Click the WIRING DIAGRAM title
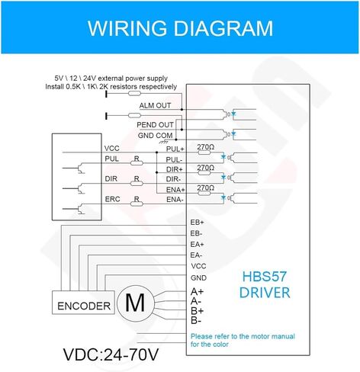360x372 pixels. coord(180,28)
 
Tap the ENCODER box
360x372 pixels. coord(83,303)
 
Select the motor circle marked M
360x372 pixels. coord(135,303)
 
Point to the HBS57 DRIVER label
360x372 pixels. coord(265,284)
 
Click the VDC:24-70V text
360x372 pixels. coord(111,354)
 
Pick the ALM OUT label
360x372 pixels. coord(155,105)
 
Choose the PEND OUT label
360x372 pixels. coord(155,125)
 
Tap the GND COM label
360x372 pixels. coord(155,136)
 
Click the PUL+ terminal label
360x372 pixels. coord(175,149)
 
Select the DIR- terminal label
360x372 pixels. coord(173,179)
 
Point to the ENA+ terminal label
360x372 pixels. coord(175,190)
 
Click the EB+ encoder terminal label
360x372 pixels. coord(197,223)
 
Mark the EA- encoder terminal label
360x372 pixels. coord(196,255)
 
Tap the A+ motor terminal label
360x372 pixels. coord(197,292)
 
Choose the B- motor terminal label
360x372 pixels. coord(196,321)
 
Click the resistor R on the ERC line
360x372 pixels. coord(137,204)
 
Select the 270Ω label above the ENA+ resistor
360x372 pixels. coord(205,188)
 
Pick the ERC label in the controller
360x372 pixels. coord(112,199)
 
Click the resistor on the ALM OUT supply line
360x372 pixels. coord(134,94)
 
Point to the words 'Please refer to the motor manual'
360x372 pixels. coord(243,336)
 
